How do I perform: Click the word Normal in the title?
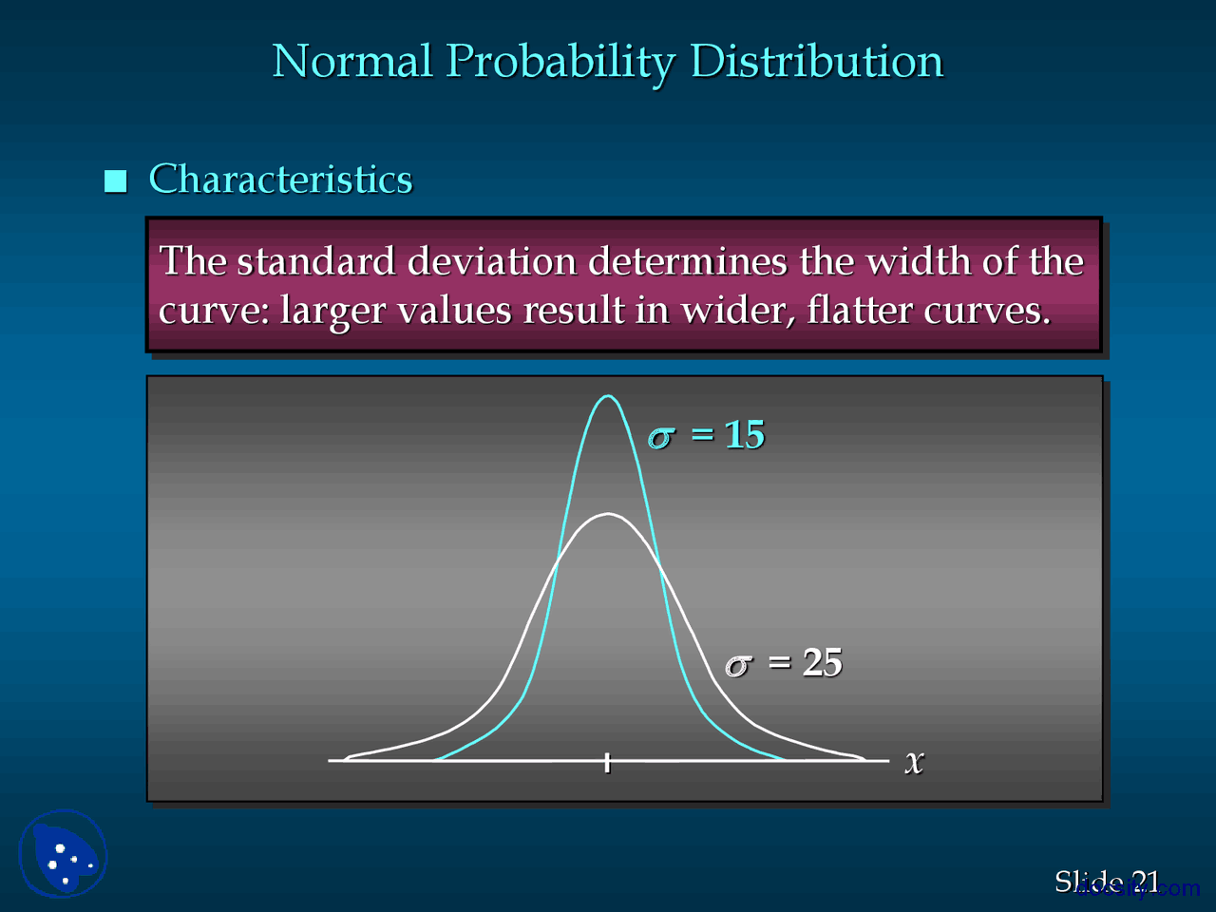[351, 62]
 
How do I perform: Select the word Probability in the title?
[560, 63]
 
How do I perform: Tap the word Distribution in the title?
[816, 62]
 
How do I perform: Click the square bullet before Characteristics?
[116, 180]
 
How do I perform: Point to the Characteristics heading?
[280, 180]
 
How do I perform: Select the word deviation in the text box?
[491, 261]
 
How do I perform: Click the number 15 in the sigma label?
[744, 435]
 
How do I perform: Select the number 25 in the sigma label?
[822, 663]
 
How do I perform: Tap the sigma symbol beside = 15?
[661, 437]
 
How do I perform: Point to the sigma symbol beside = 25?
[738, 665]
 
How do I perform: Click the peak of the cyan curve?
[607, 396]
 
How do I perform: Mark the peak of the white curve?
[607, 514]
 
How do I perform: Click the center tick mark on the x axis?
[607, 762]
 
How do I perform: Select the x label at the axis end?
[914, 762]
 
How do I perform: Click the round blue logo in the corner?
[63, 853]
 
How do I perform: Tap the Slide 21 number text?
[1107, 883]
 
